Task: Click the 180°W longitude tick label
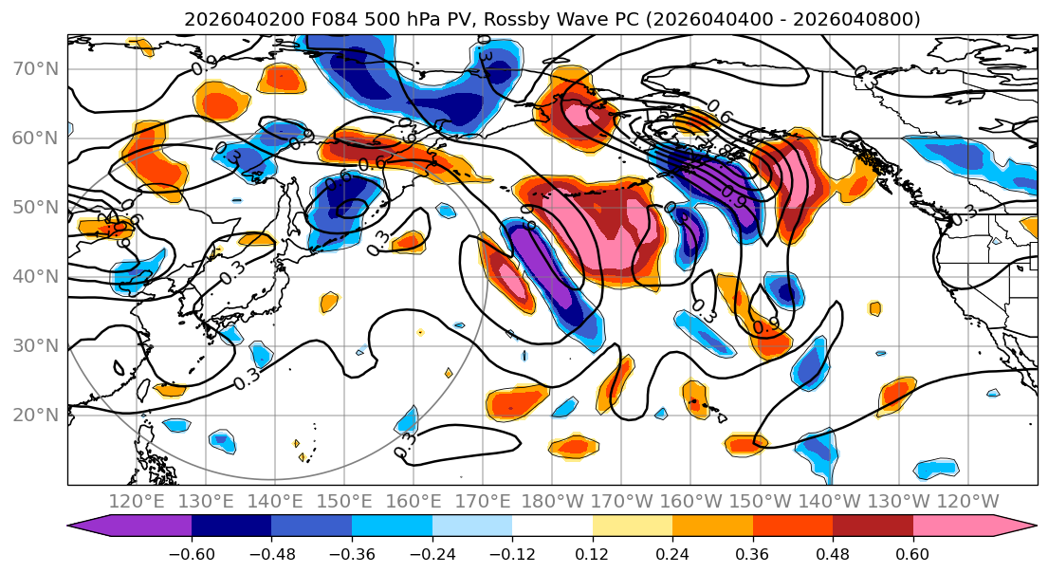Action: [551, 501]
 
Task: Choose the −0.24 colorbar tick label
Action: [432, 555]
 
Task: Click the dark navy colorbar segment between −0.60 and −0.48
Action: [231, 527]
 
